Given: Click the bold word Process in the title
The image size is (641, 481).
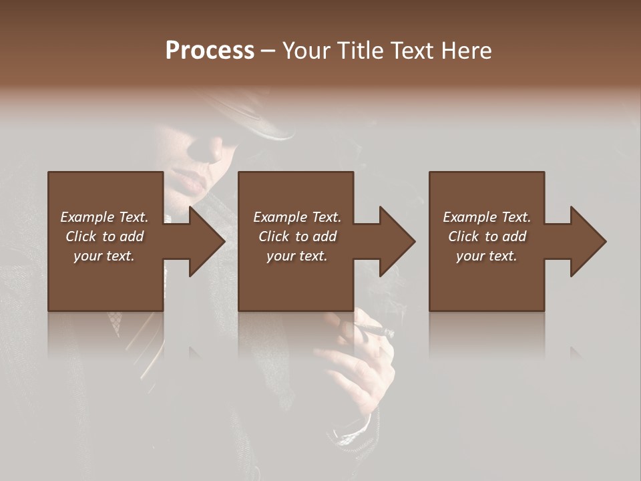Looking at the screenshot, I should point(210,50).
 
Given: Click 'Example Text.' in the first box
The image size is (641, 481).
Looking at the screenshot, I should point(104,217).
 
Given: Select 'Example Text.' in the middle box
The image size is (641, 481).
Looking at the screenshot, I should point(297,217).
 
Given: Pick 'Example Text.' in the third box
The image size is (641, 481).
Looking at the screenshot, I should point(487,217).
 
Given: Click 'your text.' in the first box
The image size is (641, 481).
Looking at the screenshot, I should point(104,256).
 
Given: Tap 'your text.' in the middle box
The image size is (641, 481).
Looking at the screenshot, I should point(297,256).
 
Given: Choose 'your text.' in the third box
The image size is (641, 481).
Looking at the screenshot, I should point(487,256).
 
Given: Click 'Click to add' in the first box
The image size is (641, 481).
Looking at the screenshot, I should point(104,236).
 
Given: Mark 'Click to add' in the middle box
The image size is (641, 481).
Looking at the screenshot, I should point(297,236).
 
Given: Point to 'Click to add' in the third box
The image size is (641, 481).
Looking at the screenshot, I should point(487,236).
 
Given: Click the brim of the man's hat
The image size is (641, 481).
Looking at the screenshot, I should point(267,127).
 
